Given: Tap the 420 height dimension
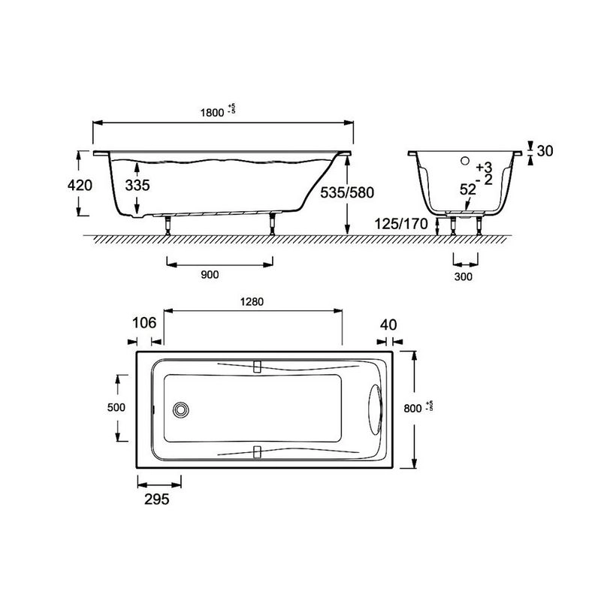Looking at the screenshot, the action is pyautogui.click(x=80, y=185).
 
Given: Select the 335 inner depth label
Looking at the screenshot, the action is pyautogui.click(x=137, y=185).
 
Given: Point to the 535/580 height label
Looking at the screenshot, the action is pyautogui.click(x=347, y=192).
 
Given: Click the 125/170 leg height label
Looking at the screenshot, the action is pyautogui.click(x=401, y=224).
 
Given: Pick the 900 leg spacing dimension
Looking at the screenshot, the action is pyautogui.click(x=210, y=274).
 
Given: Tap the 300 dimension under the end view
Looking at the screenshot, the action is pyautogui.click(x=463, y=276).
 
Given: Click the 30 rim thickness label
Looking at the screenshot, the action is pyautogui.click(x=545, y=151).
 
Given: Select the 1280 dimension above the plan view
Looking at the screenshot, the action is pyautogui.click(x=252, y=302).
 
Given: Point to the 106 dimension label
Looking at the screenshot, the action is pyautogui.click(x=144, y=323).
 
